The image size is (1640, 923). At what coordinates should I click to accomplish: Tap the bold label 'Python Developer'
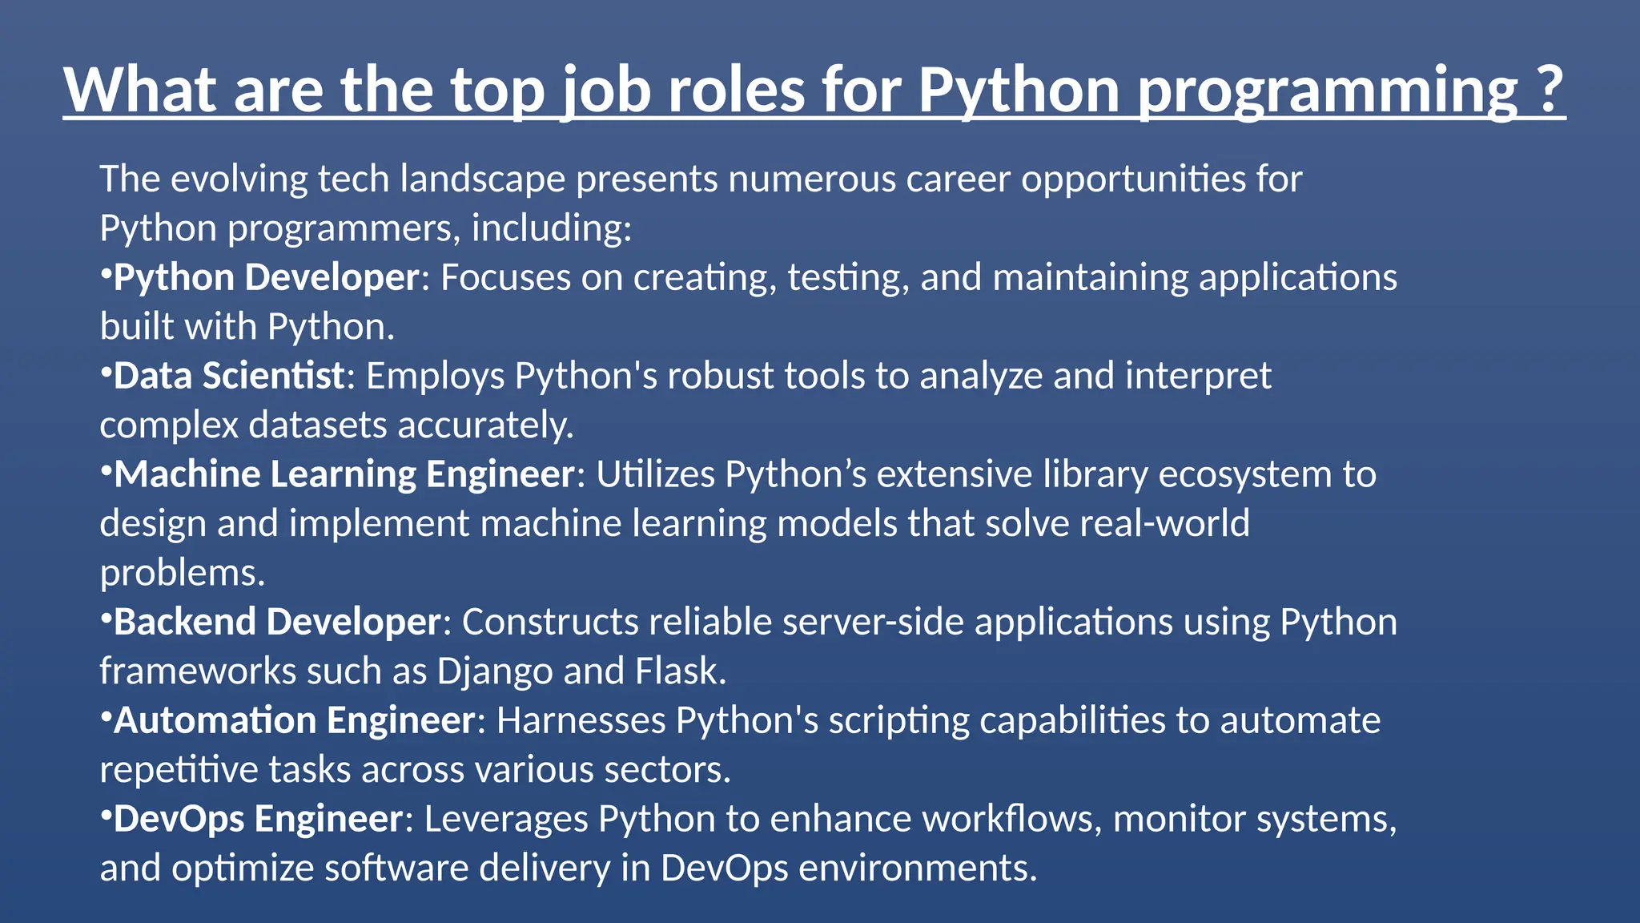[x=267, y=277]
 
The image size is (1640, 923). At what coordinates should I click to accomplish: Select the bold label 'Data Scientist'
[x=229, y=376]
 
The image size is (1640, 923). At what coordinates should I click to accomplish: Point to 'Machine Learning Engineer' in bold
[x=344, y=474]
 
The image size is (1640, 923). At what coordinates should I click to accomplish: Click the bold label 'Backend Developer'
[x=277, y=622]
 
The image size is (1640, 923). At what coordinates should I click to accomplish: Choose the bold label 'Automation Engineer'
[x=295, y=720]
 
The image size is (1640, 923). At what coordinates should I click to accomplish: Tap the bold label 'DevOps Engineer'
[x=258, y=819]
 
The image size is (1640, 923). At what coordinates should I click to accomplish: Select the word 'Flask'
[x=680, y=671]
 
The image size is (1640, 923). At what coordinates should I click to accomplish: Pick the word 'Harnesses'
[x=581, y=720]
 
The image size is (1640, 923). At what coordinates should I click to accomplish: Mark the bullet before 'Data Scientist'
[x=105, y=370]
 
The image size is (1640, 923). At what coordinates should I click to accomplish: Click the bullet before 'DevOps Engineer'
[x=105, y=813]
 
